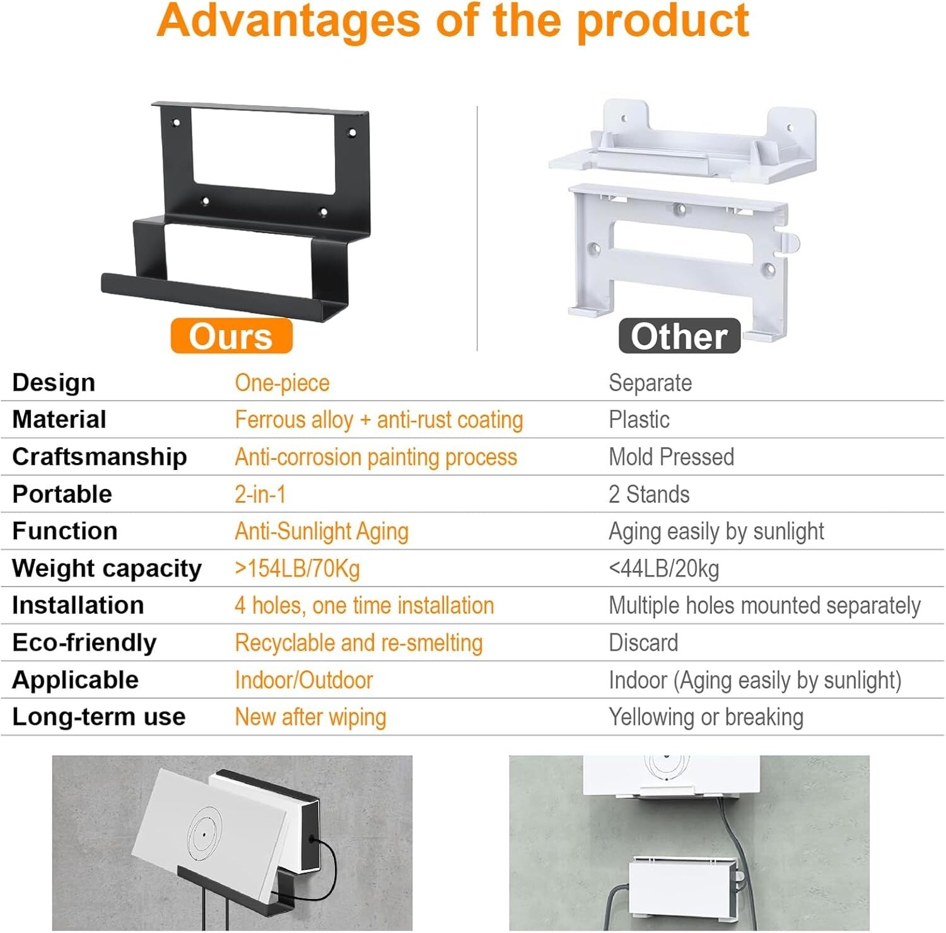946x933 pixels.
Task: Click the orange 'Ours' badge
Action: pyautogui.click(x=231, y=336)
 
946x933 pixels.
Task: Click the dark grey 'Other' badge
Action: pyautogui.click(x=679, y=336)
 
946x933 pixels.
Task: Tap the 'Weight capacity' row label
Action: pyautogui.click(x=107, y=568)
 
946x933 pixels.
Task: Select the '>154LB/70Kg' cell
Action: pyautogui.click(x=297, y=568)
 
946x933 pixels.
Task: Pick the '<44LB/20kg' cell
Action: pyautogui.click(x=663, y=568)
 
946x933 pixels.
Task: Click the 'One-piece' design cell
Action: pyautogui.click(x=282, y=383)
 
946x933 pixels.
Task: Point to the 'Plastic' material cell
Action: pyautogui.click(x=639, y=420)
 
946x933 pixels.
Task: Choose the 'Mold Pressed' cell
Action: pyautogui.click(x=671, y=457)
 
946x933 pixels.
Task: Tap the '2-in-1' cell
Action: pyautogui.click(x=260, y=494)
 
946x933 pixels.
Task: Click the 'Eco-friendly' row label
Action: pyautogui.click(x=84, y=642)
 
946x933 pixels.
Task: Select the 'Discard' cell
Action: pyautogui.click(x=643, y=642)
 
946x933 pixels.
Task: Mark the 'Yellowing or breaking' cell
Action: pyautogui.click(x=706, y=717)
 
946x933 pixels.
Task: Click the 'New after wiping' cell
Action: pyautogui.click(x=310, y=717)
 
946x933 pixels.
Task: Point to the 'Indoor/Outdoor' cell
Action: pyautogui.click(x=303, y=680)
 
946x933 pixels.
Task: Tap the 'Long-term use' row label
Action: pyautogui.click(x=98, y=717)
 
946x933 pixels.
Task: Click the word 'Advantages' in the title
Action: pyautogui.click(x=288, y=20)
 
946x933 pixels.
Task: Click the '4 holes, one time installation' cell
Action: pyautogui.click(x=364, y=606)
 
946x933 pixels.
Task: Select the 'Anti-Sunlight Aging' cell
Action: pyautogui.click(x=322, y=531)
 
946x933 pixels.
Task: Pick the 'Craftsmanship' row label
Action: pyautogui.click(x=99, y=457)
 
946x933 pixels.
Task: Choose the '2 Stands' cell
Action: pyautogui.click(x=649, y=494)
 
